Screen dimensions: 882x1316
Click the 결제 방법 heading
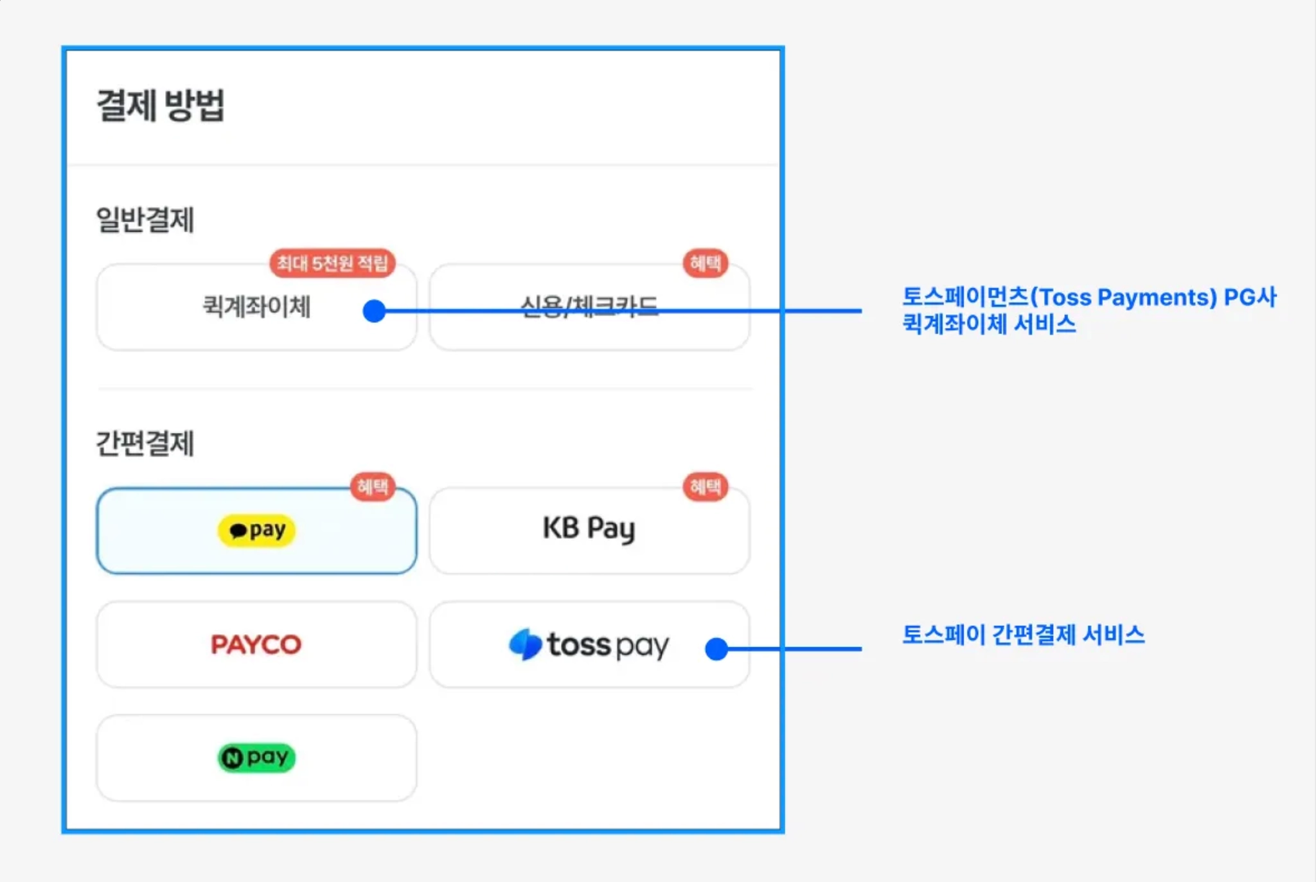[161, 105]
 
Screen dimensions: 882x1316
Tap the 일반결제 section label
[145, 220]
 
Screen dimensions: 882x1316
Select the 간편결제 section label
[145, 443]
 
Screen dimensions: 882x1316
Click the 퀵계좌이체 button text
[256, 306]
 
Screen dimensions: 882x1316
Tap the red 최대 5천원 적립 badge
[332, 263]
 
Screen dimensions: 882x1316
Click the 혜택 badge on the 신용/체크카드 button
[706, 263]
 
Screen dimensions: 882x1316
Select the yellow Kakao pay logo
[256, 531]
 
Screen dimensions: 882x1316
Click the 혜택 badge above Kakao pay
[373, 487]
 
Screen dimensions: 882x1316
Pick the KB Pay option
[589, 529]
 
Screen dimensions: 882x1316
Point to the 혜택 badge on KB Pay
[706, 487]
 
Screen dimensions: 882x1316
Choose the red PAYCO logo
[256, 644]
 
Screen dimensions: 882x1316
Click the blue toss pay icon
[525, 644]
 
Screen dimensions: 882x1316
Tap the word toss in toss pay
[578, 644]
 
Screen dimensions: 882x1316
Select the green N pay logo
[256, 758]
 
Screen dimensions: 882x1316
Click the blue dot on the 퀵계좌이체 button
[374, 311]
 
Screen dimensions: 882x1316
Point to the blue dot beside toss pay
[716, 649]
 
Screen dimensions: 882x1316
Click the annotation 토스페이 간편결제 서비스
[1023, 635]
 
